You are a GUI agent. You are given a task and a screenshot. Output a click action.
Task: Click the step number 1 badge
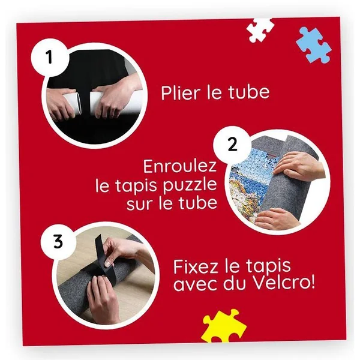pyautogui.click(x=49, y=58)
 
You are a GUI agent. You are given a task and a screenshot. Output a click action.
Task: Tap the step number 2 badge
pyautogui.click(x=232, y=145)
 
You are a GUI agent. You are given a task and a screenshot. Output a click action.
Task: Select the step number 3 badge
pyautogui.click(x=58, y=242)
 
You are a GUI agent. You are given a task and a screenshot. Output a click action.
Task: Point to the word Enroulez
pyautogui.click(x=180, y=166)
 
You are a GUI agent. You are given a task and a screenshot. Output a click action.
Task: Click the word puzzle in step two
pyautogui.click(x=190, y=187)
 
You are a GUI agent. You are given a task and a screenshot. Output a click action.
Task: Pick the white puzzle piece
pyautogui.click(x=260, y=30)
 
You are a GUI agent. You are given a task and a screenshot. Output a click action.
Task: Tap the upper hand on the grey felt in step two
pyautogui.click(x=299, y=165)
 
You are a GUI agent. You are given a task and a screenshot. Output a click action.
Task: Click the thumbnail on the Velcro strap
pyautogui.click(x=108, y=263)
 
